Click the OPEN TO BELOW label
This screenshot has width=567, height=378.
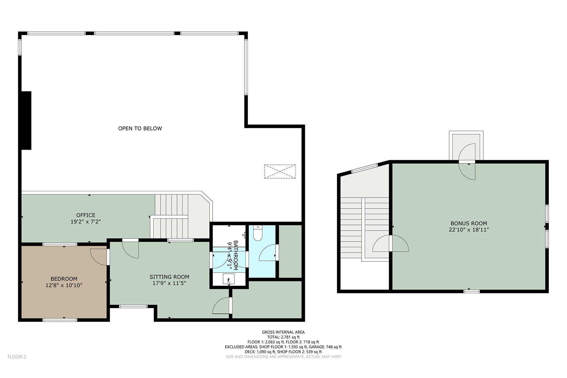coord(140,129)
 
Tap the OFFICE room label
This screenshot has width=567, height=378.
coord(86,215)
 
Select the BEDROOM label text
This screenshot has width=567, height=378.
coord(64,279)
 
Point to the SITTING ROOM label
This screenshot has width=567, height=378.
coord(169,277)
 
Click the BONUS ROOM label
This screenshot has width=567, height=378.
coord(469,223)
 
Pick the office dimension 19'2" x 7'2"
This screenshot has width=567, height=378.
coord(86,222)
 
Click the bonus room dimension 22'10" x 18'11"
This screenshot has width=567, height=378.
coord(469,230)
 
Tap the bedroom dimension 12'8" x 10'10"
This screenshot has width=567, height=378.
coord(64,285)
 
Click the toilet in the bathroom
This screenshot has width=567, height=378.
coord(258,233)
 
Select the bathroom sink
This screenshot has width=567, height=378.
coord(228,279)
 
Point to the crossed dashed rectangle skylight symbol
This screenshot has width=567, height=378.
coord(280,171)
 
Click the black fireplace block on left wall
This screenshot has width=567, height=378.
coord(26,120)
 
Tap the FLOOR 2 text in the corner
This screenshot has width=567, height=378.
coord(17,357)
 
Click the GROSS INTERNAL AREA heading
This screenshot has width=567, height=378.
coord(283,332)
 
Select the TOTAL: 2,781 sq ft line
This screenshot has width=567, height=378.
coord(283,337)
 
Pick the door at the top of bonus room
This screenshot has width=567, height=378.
coord(467,161)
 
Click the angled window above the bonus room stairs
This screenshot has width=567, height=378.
coord(364,168)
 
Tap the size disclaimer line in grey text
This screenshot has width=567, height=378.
coord(283,357)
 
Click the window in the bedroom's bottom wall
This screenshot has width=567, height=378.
coord(60,320)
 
